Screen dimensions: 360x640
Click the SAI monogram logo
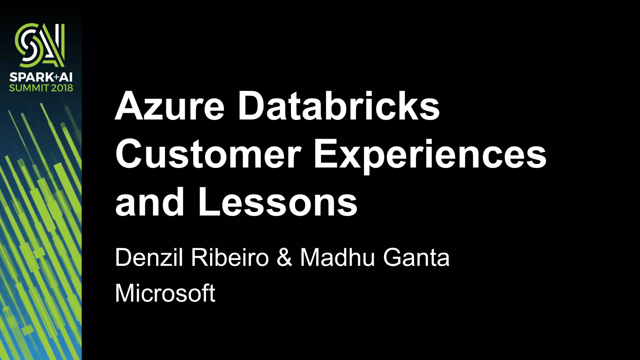(x=40, y=45)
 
